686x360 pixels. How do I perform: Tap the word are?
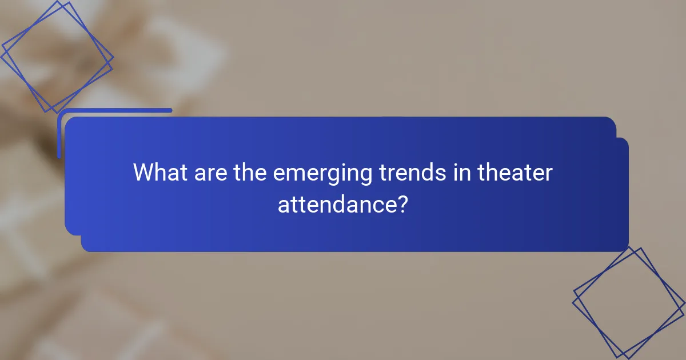[209, 173]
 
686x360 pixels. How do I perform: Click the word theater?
[516, 173]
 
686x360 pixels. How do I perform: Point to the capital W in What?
[144, 173]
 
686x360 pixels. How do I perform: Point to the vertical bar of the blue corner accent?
[59, 134]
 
